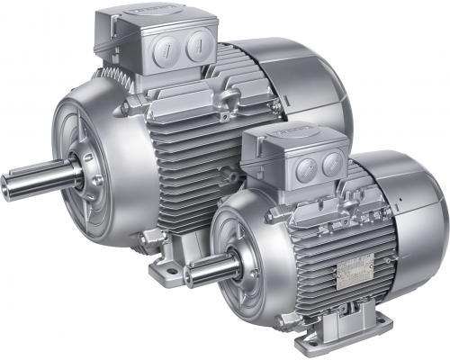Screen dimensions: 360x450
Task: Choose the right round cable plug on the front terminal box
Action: (x=330, y=162)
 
